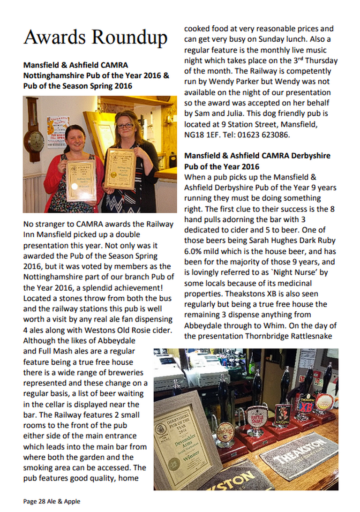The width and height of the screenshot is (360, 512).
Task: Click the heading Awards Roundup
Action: (95, 37)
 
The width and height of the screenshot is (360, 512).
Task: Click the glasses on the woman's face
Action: (125, 125)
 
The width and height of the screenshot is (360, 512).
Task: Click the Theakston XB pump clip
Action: (305, 404)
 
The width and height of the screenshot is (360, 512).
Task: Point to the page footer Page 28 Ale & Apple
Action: (52, 501)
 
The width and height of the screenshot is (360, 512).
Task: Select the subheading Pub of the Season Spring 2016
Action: (78, 86)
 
